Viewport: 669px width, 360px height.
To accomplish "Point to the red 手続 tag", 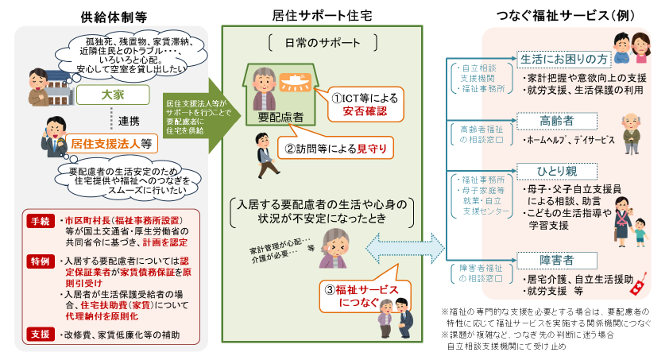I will click(x=41, y=220).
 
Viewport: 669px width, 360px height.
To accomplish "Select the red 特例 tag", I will click(x=41, y=261).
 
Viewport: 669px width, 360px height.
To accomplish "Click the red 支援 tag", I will click(x=41, y=333).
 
